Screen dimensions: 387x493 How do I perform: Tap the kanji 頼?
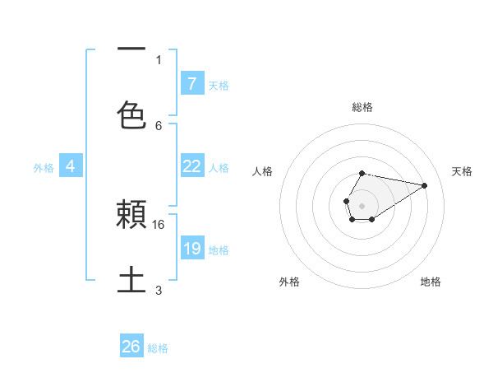tap(131, 216)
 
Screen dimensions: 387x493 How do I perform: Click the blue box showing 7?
tap(192, 83)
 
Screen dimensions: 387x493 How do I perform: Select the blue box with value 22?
tap(192, 166)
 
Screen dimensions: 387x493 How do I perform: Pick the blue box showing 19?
tap(192, 249)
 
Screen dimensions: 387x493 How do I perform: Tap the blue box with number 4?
tap(71, 166)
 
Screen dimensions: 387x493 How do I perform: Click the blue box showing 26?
tap(131, 347)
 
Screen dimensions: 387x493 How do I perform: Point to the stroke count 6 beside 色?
tap(159, 125)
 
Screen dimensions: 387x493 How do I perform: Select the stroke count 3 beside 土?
tap(159, 290)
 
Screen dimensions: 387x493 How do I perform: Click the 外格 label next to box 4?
tap(44, 167)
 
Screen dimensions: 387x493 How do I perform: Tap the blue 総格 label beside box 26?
tap(158, 347)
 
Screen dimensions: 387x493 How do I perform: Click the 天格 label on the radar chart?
tap(462, 171)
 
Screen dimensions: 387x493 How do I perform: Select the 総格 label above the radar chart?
tap(362, 107)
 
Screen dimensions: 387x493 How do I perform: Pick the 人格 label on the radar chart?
tap(263, 171)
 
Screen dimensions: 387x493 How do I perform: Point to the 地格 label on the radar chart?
tap(431, 282)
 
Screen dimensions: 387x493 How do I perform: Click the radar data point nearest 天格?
tap(425, 185)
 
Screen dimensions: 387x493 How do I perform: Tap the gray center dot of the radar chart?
tap(362, 204)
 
